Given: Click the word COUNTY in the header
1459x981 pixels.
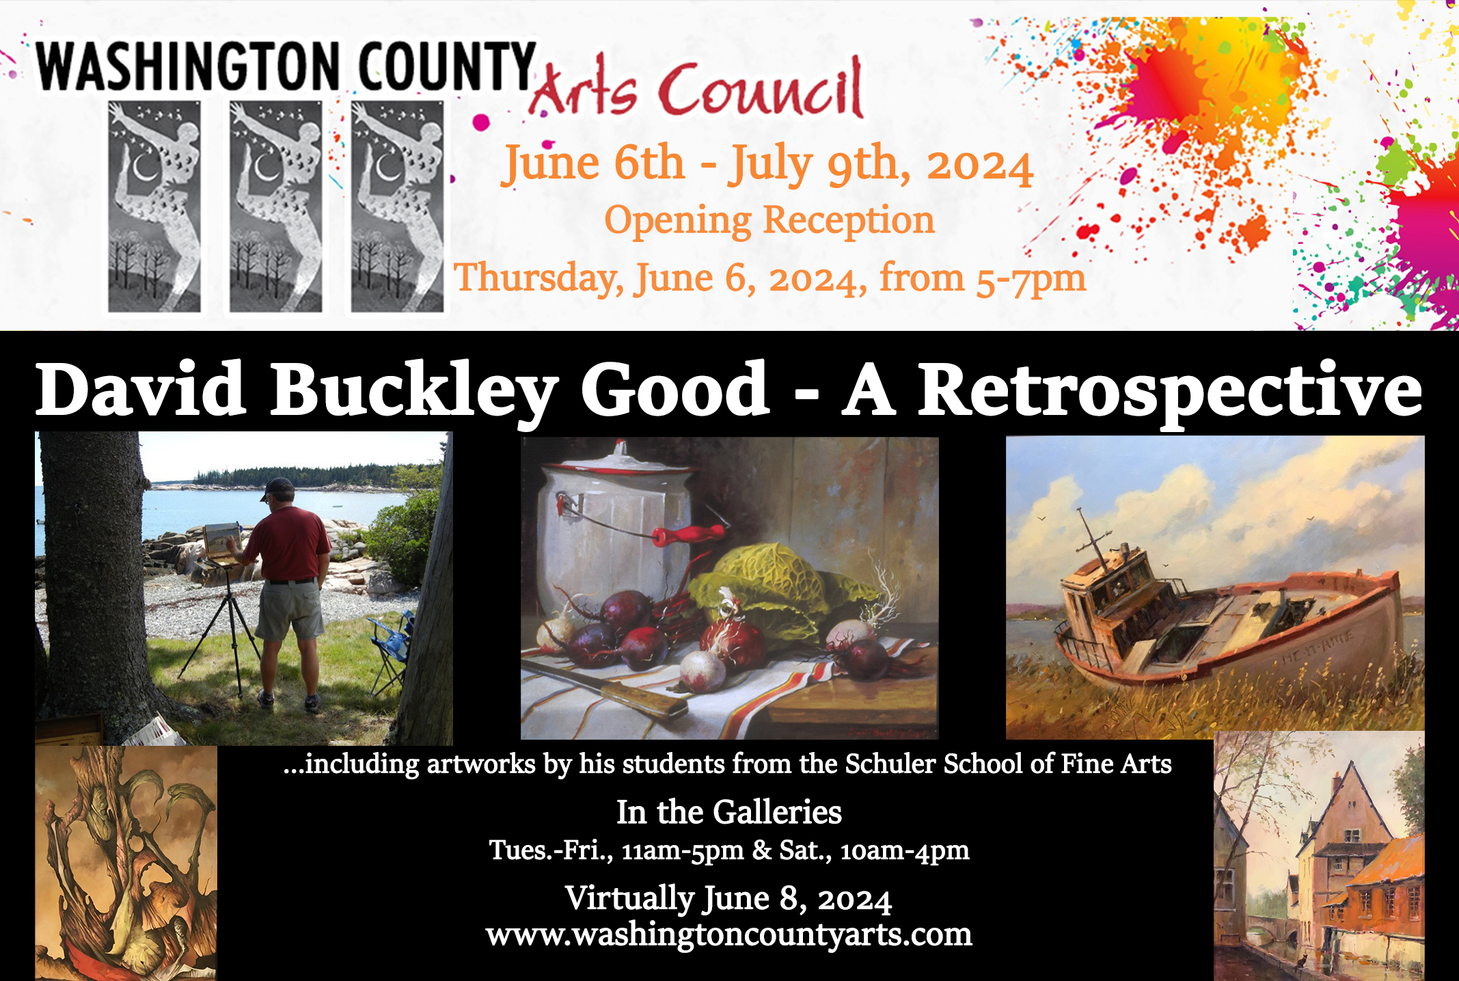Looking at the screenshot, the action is (x=447, y=66).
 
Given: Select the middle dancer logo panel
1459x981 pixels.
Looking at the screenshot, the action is (x=275, y=207).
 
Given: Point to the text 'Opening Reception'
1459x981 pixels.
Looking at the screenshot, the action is (x=769, y=221).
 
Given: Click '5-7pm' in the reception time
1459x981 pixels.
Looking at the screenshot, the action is (x=1031, y=279).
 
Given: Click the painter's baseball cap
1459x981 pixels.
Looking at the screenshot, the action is (x=277, y=487).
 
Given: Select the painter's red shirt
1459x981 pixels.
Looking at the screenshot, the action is (x=290, y=544).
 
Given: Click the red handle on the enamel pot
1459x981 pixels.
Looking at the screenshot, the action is (x=688, y=534).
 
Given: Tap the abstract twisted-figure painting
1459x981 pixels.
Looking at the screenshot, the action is (x=126, y=863).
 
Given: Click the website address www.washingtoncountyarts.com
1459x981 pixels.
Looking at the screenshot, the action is (x=728, y=935).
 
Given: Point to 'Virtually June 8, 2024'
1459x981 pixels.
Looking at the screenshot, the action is (x=728, y=898).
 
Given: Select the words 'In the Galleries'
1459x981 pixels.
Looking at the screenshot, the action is (x=728, y=812).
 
